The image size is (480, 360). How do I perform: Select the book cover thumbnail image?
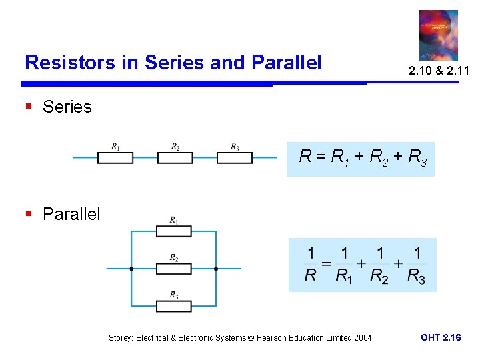pos(438,35)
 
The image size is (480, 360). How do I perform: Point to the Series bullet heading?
pos(67,107)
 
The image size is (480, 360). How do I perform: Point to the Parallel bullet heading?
pos(71,214)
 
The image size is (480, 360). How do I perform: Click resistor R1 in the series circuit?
pos(115,157)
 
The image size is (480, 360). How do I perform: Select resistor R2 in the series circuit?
pos(175,157)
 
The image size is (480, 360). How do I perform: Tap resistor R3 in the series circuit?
pos(235,157)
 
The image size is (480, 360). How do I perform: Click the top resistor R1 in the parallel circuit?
pos(173,231)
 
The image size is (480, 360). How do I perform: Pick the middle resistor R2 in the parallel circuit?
pos(173,269)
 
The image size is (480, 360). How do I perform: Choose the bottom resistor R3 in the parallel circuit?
pos(173,306)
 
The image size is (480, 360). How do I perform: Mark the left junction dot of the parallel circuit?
pos(131,269)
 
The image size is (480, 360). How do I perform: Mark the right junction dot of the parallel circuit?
pos(216,269)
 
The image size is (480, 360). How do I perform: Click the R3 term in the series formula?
pos(417,158)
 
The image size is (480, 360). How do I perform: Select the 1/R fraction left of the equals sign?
pos(311,265)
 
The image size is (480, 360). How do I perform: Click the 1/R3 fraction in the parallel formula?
pos(416,265)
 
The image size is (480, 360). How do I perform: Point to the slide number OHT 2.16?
pos(441,337)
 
